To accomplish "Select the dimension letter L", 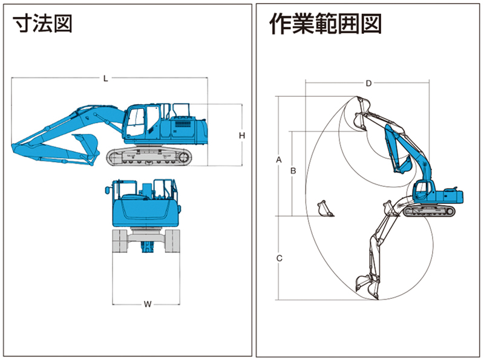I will [105, 78].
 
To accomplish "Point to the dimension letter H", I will [241, 136].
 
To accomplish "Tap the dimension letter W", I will [147, 304].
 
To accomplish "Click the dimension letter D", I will [368, 83].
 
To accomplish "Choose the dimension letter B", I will [293, 171].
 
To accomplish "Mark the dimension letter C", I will [279, 258].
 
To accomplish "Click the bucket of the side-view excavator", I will [87, 146].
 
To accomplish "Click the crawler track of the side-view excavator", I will [149, 157].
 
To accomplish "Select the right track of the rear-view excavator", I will [173, 241].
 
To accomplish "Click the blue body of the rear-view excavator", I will [146, 209].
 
